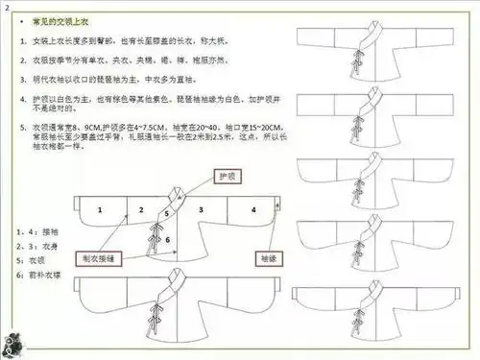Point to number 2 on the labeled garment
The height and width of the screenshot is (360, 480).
point(140,206)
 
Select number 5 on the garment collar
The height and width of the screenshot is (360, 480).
point(166,213)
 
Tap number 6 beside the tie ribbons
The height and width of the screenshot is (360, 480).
point(169,237)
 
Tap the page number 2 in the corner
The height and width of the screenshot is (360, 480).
point(7,8)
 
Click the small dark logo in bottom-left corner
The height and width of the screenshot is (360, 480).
point(17,343)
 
